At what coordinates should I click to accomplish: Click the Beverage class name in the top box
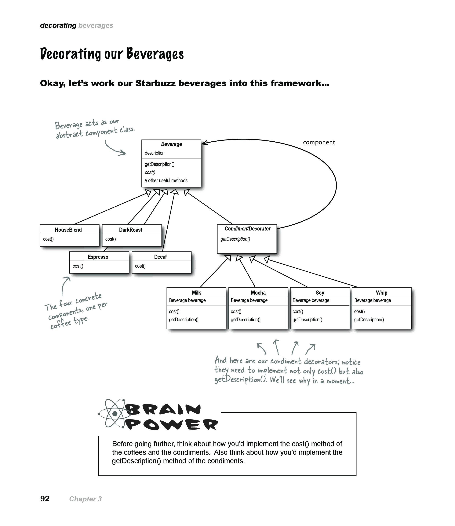click(171, 144)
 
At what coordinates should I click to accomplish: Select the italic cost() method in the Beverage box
click(150, 172)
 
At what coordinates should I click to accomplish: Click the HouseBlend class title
click(68, 230)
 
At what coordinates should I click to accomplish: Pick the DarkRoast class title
click(131, 230)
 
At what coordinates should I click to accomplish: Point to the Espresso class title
click(98, 257)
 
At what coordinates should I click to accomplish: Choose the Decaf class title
click(160, 257)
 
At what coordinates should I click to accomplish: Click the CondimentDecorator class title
click(248, 229)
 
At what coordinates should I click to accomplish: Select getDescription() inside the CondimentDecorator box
click(235, 239)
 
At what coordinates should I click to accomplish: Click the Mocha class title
click(258, 293)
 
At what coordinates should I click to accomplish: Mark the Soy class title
click(320, 293)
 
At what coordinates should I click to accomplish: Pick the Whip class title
click(382, 293)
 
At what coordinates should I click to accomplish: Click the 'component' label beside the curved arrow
click(319, 142)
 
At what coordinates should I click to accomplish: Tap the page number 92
click(45, 499)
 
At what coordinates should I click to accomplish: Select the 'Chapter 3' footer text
click(85, 499)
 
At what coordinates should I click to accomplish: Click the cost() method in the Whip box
click(359, 311)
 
